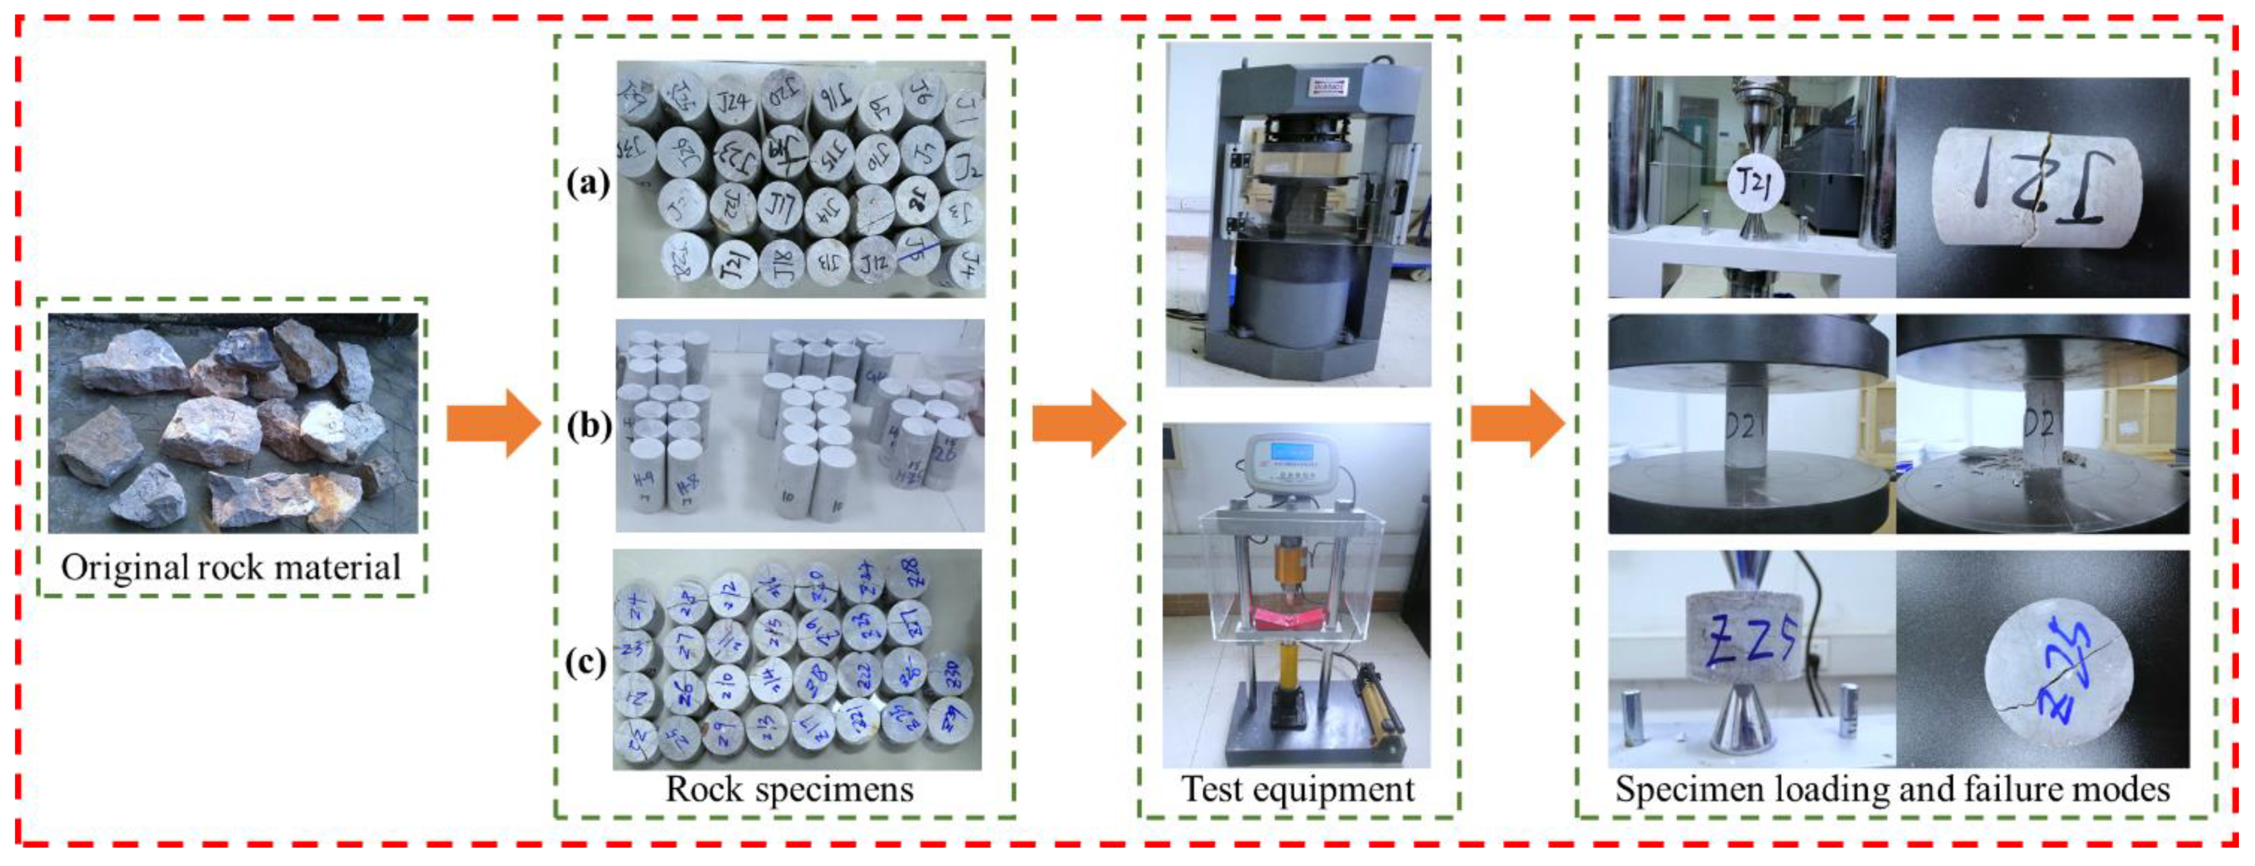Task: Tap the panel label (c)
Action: tap(586, 663)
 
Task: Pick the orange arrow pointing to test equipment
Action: tap(1079, 424)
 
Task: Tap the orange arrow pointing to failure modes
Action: tap(1517, 424)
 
